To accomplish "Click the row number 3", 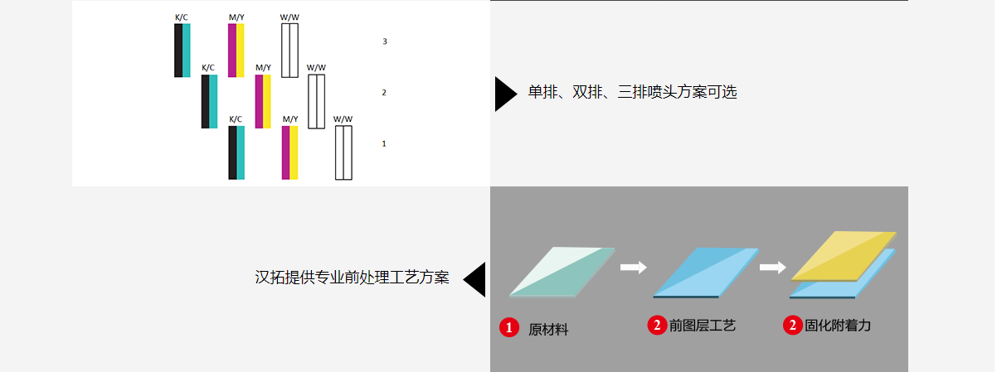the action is (385, 41).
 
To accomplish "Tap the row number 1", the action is (384, 143).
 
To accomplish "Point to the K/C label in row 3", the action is (181, 17).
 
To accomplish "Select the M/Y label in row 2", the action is (263, 68).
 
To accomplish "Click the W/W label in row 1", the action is (343, 119).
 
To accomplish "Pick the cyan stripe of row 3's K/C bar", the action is (187, 51).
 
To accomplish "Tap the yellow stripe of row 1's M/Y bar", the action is (294, 153).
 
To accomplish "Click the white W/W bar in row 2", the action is (317, 102).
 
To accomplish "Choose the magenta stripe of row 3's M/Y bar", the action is (232, 51).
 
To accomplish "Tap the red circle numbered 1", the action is (509, 327).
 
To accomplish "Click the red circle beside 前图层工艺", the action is (657, 326).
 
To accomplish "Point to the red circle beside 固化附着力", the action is (792, 326).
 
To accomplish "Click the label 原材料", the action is (548, 330).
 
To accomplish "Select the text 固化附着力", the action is (838, 326).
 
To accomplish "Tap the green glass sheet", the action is (562, 272).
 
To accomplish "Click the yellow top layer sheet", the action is (844, 256).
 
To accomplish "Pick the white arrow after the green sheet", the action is (634, 267).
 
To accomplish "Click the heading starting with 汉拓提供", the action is (352, 278).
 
